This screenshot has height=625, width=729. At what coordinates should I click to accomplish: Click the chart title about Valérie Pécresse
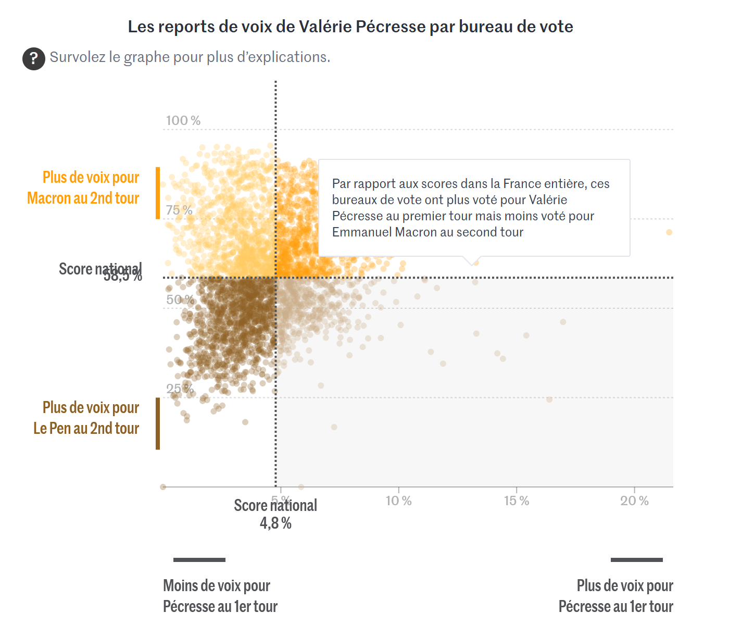click(350, 27)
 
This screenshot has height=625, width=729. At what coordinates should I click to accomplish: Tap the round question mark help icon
click(33, 58)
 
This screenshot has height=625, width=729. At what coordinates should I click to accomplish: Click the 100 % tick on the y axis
click(183, 121)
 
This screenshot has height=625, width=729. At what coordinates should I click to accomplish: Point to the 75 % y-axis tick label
click(179, 210)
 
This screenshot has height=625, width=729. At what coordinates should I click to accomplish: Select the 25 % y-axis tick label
click(179, 389)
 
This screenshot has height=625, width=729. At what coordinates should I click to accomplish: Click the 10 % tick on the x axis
click(398, 501)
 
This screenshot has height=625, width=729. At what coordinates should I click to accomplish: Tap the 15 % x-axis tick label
click(517, 501)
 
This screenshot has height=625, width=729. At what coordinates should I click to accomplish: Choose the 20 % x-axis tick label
click(634, 501)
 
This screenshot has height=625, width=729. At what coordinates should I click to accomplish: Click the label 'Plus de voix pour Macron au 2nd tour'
click(84, 187)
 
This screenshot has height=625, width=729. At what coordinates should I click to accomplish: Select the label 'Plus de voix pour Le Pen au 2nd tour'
click(86, 418)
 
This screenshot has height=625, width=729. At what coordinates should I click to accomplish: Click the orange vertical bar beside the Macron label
click(158, 193)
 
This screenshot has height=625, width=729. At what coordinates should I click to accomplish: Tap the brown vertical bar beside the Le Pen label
click(158, 423)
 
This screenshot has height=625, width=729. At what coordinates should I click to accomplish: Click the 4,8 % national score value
click(275, 523)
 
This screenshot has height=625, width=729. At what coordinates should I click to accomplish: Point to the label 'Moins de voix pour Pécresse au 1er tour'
click(220, 596)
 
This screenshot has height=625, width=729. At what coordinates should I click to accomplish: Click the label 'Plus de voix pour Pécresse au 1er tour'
click(616, 596)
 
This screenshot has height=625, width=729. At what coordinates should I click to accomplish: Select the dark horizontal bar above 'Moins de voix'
click(199, 560)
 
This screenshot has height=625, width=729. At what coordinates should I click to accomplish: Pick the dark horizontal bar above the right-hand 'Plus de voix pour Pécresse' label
click(636, 560)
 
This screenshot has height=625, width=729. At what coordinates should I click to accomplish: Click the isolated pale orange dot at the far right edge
click(669, 232)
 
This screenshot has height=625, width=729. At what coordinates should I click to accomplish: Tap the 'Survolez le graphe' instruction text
click(190, 57)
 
